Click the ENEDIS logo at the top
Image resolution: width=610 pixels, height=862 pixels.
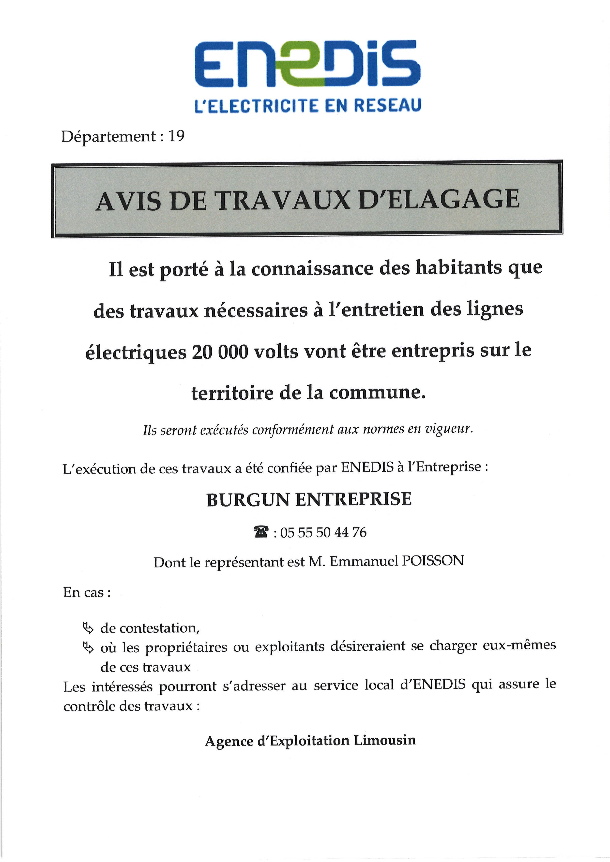point(307,64)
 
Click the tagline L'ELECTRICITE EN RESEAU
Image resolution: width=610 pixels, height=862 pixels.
point(307,105)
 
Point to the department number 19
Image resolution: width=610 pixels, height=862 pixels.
point(177,136)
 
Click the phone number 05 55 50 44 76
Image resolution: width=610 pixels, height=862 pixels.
point(323,532)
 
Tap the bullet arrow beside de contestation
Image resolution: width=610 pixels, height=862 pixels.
point(88,627)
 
